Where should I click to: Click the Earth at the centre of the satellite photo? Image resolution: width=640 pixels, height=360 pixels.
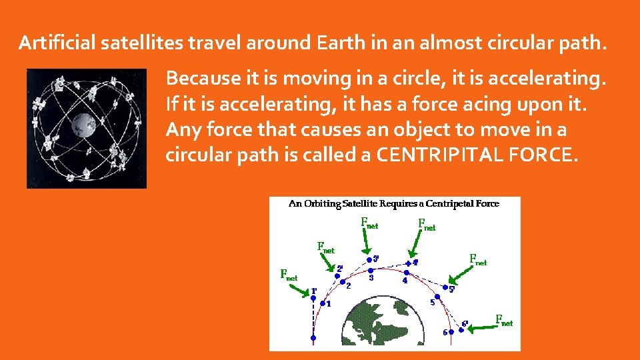pos(83,123)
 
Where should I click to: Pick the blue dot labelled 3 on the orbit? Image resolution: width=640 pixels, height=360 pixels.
pos(371,271)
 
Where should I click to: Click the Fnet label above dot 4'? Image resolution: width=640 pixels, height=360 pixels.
pos(426,225)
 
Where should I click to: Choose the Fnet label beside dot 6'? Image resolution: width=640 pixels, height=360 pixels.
pos(504,320)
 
